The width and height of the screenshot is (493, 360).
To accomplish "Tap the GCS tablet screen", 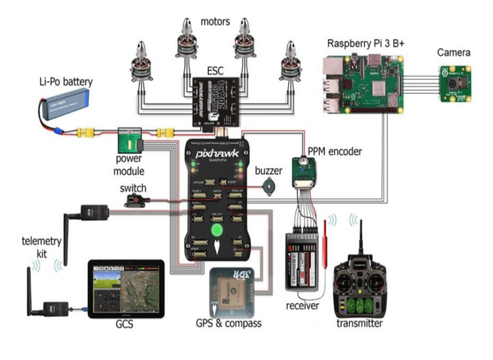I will point(126,289).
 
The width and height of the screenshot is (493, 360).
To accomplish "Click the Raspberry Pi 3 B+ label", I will point(366,44).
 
